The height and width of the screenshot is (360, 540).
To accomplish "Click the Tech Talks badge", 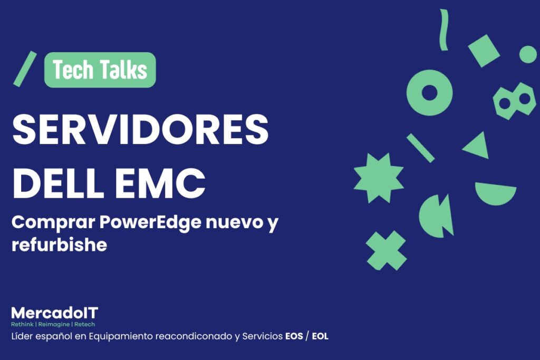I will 100,70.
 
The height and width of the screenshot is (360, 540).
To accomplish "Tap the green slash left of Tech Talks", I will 25,69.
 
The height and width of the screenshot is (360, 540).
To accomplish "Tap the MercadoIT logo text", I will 54,313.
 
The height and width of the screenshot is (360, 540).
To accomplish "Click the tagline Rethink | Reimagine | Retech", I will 53,324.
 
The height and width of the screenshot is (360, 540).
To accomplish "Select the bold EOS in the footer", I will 294,336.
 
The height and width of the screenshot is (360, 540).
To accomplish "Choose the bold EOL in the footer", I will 320,336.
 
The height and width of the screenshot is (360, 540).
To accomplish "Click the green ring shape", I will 430,93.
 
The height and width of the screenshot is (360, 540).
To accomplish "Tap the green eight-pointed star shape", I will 378,178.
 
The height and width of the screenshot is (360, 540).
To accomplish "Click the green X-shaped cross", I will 387,250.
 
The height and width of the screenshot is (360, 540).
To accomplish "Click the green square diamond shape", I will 484,51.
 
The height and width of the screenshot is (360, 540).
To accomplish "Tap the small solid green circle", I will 527,54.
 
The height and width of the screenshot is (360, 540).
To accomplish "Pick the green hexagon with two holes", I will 514,100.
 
